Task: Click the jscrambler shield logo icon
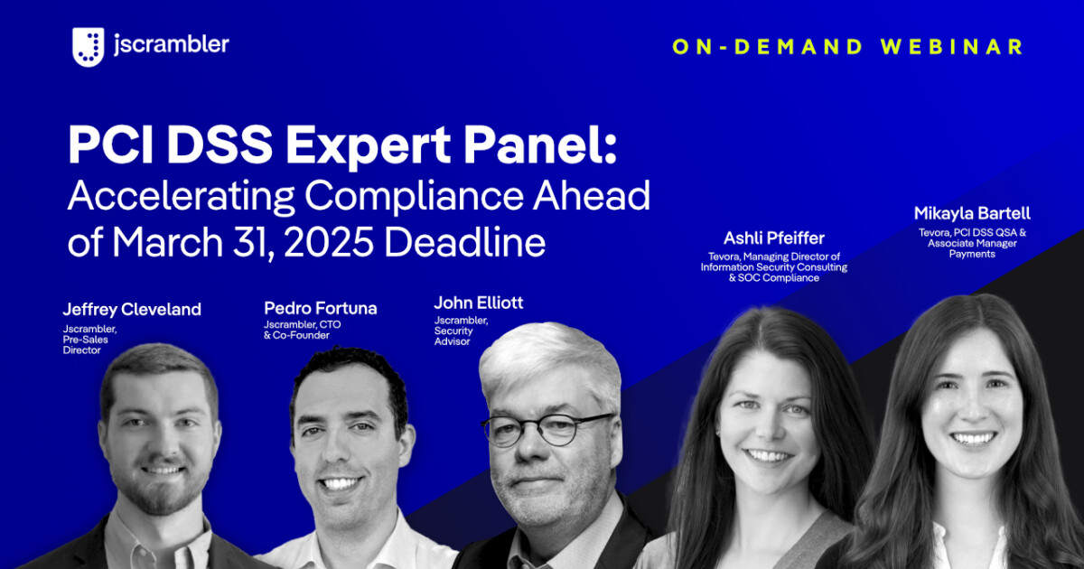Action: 89,47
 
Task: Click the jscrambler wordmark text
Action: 171,44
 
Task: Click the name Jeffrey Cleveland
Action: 132,310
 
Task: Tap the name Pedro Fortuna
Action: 321,308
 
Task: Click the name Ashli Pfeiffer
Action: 773,238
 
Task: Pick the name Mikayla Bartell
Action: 971,214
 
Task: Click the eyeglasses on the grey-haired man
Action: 546,428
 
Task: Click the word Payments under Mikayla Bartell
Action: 971,254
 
